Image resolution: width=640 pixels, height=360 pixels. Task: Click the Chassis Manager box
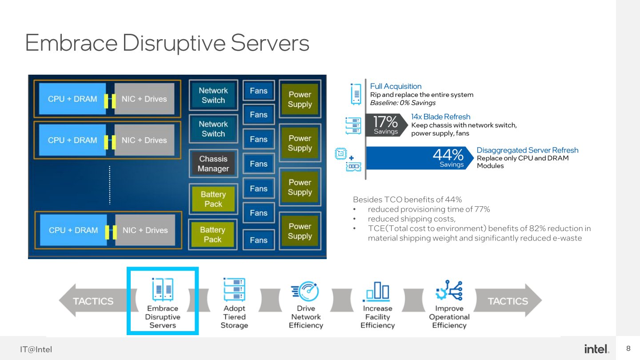pyautogui.click(x=213, y=164)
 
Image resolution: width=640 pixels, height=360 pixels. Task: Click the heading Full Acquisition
pyautogui.click(x=396, y=86)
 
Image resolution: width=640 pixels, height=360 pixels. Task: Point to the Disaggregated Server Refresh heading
pyautogui.click(x=527, y=150)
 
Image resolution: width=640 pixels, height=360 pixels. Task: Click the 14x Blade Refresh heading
pyautogui.click(x=440, y=116)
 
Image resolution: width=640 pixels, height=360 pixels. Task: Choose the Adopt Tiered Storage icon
pyautogui.click(x=234, y=290)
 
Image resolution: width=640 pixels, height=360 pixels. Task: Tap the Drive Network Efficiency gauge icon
pyautogui.click(x=305, y=291)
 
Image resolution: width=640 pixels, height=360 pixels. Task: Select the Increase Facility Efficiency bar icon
pyautogui.click(x=377, y=291)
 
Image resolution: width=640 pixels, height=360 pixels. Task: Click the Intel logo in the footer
pyautogui.click(x=596, y=349)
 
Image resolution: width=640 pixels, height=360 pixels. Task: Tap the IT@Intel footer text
pyautogui.click(x=36, y=349)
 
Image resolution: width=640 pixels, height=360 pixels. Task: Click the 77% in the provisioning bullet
pyautogui.click(x=482, y=209)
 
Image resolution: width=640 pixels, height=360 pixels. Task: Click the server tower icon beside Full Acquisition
pyautogui.click(x=356, y=94)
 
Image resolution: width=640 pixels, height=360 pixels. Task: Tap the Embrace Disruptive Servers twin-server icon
pyautogui.click(x=162, y=290)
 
